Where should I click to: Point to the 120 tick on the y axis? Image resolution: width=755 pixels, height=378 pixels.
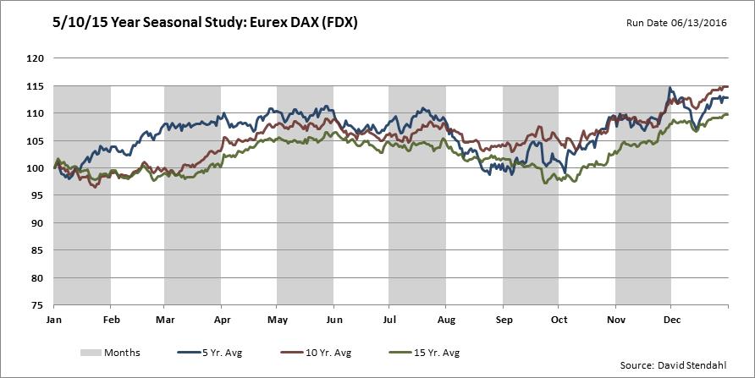[x=35, y=58]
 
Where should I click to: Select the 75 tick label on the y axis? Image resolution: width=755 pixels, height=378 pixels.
[x=37, y=304]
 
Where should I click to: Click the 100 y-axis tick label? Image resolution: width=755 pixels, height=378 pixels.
[x=35, y=167]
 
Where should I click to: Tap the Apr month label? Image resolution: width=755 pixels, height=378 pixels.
[x=221, y=320]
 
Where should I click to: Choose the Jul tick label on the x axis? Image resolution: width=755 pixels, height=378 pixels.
[x=389, y=320]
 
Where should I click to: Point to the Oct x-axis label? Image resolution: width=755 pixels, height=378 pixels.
[x=559, y=320]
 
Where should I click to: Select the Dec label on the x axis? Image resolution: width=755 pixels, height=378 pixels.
[x=670, y=320]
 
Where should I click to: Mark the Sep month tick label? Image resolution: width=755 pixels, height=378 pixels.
[x=503, y=320]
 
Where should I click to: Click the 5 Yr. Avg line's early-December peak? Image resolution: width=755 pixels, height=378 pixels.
[x=670, y=87]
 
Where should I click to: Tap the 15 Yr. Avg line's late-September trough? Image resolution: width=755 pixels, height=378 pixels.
[x=546, y=183]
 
